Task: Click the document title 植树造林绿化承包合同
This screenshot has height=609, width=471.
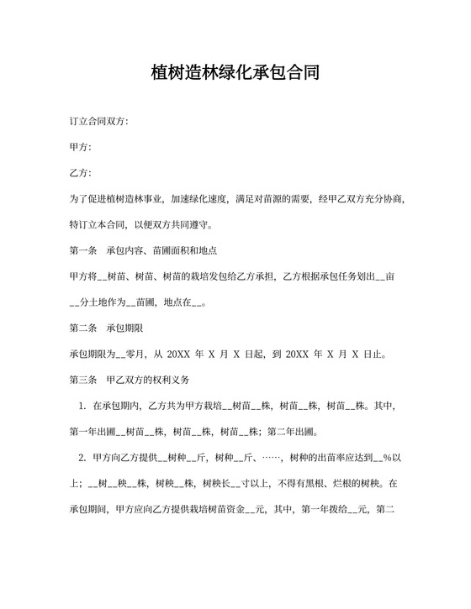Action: tap(235, 73)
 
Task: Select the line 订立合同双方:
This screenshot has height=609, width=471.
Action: tap(99, 122)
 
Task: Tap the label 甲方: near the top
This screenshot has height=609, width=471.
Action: tap(81, 147)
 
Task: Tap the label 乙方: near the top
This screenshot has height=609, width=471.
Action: tap(81, 173)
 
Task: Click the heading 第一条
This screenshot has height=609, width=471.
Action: tap(83, 250)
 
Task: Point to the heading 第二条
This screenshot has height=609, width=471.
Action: tap(83, 328)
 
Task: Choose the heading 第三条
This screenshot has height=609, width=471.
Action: tap(83, 381)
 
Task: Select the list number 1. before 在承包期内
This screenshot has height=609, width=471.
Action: tap(82, 407)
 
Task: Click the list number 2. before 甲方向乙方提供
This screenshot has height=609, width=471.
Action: tap(82, 458)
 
